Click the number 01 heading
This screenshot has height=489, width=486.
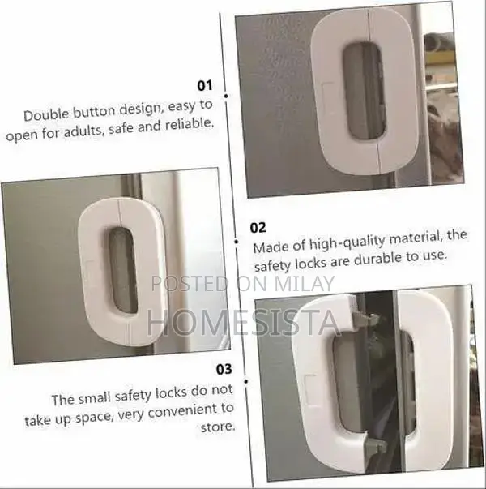tap(204, 85)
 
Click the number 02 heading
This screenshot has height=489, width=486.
tap(258, 227)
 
